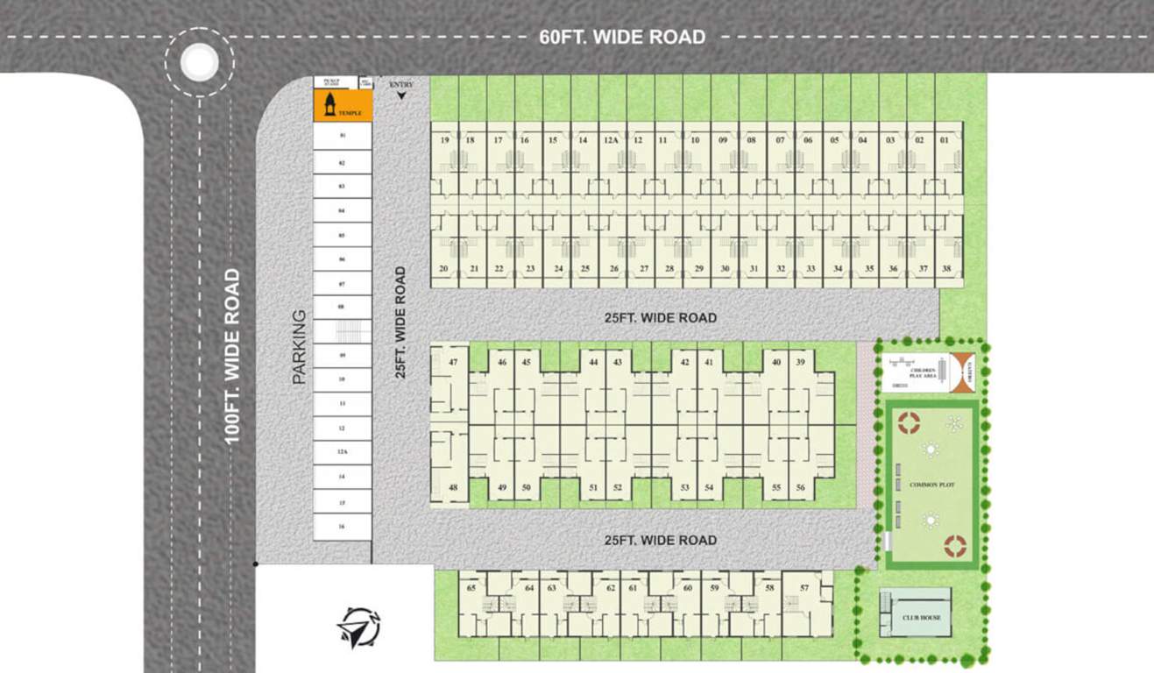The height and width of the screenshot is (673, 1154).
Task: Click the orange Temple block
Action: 343,106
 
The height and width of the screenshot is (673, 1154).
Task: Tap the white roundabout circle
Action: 200,61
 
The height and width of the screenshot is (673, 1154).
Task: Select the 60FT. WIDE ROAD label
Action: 622,37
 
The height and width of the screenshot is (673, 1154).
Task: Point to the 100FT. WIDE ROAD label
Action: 232,356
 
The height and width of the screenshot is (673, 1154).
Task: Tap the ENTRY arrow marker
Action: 402,95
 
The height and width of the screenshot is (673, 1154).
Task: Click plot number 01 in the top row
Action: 944,140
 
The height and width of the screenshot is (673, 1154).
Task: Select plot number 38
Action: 946,269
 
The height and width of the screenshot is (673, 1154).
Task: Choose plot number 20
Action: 444,269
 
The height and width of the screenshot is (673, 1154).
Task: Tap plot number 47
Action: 453,362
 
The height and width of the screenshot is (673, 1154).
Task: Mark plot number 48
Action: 453,487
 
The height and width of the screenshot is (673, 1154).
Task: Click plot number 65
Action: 471,588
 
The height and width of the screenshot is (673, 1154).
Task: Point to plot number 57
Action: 804,588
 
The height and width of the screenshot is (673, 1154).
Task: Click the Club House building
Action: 915,613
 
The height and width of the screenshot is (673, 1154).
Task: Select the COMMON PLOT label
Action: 931,485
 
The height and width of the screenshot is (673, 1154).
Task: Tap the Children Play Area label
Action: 922,372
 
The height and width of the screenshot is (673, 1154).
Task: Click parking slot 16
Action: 343,527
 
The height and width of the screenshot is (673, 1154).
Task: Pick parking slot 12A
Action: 343,452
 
